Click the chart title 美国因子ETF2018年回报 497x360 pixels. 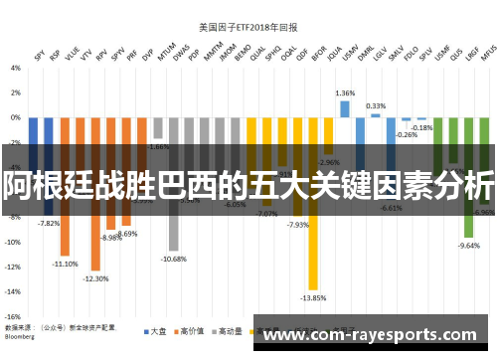tap(248, 28)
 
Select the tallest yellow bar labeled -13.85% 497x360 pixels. tap(313, 249)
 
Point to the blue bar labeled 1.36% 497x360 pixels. tap(344, 108)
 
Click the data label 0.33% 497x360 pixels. tap(376, 105)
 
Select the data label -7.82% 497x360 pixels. tap(49, 224)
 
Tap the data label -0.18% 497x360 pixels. tap(422, 127)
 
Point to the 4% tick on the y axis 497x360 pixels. tap(15, 69)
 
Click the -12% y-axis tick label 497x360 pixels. tap(13, 267)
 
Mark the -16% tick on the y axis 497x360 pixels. tap(13, 316)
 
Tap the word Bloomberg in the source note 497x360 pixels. tap(22, 335)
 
